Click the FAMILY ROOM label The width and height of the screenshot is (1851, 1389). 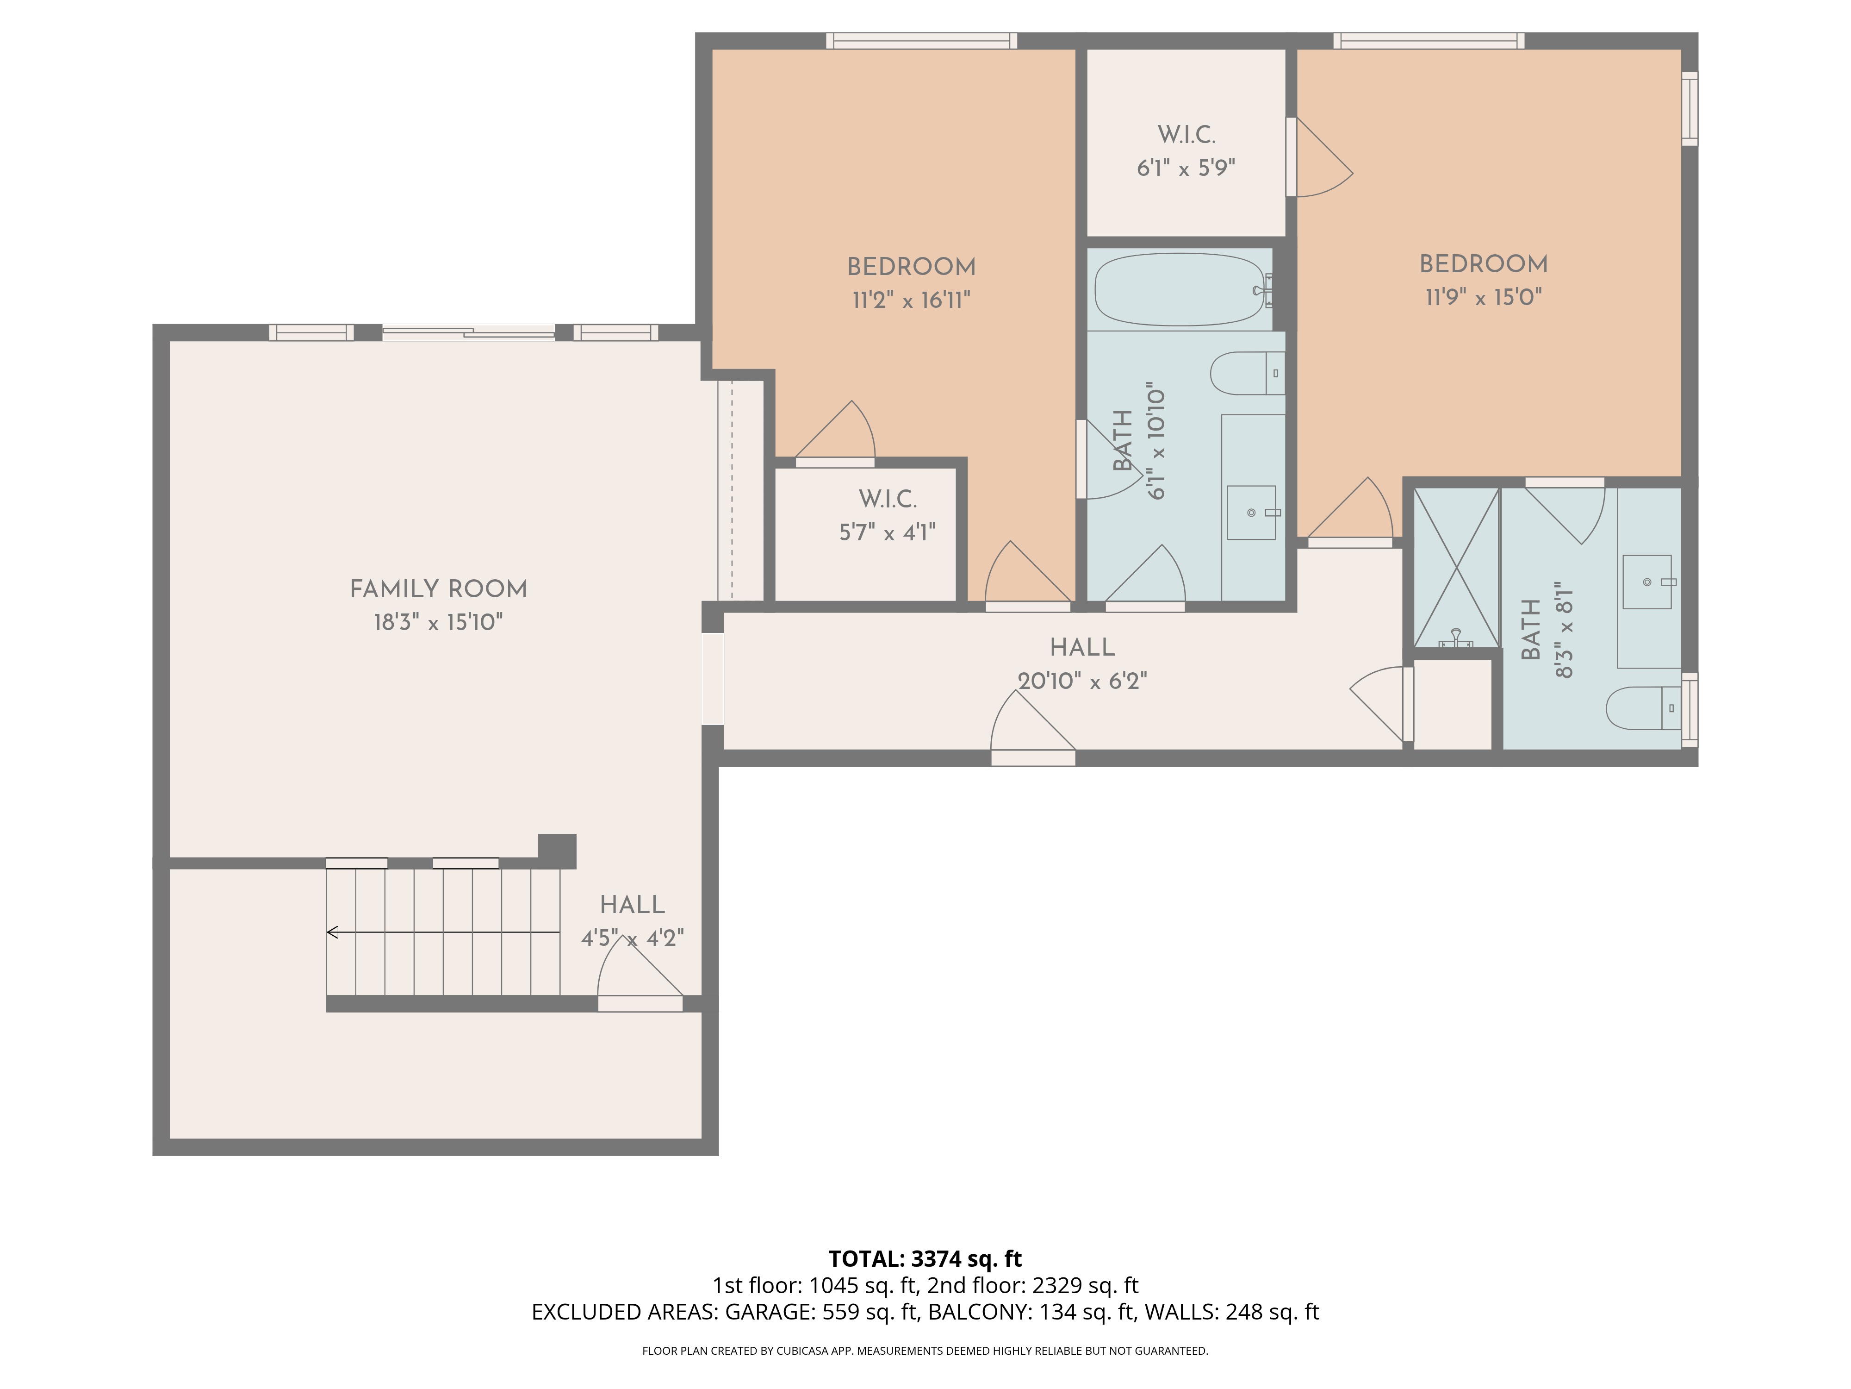(x=439, y=589)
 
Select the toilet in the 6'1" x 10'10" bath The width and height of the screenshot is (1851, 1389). (x=1247, y=374)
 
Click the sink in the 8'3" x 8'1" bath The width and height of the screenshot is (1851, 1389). (x=1647, y=582)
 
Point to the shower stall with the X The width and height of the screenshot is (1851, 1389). (x=1456, y=568)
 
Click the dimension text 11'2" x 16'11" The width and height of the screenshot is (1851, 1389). (x=911, y=300)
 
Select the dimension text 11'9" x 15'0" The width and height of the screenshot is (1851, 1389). (x=1484, y=297)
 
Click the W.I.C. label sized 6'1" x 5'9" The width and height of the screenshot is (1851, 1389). (x=1186, y=135)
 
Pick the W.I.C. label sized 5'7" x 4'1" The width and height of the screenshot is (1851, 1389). (x=888, y=500)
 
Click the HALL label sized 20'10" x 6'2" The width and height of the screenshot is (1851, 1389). (x=1082, y=647)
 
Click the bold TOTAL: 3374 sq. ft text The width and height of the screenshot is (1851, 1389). (x=925, y=1258)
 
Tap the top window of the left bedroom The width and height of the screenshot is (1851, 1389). (x=921, y=40)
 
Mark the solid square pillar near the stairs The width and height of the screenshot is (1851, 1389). (x=557, y=851)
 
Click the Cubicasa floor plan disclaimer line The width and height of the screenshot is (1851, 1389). (x=925, y=1351)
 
